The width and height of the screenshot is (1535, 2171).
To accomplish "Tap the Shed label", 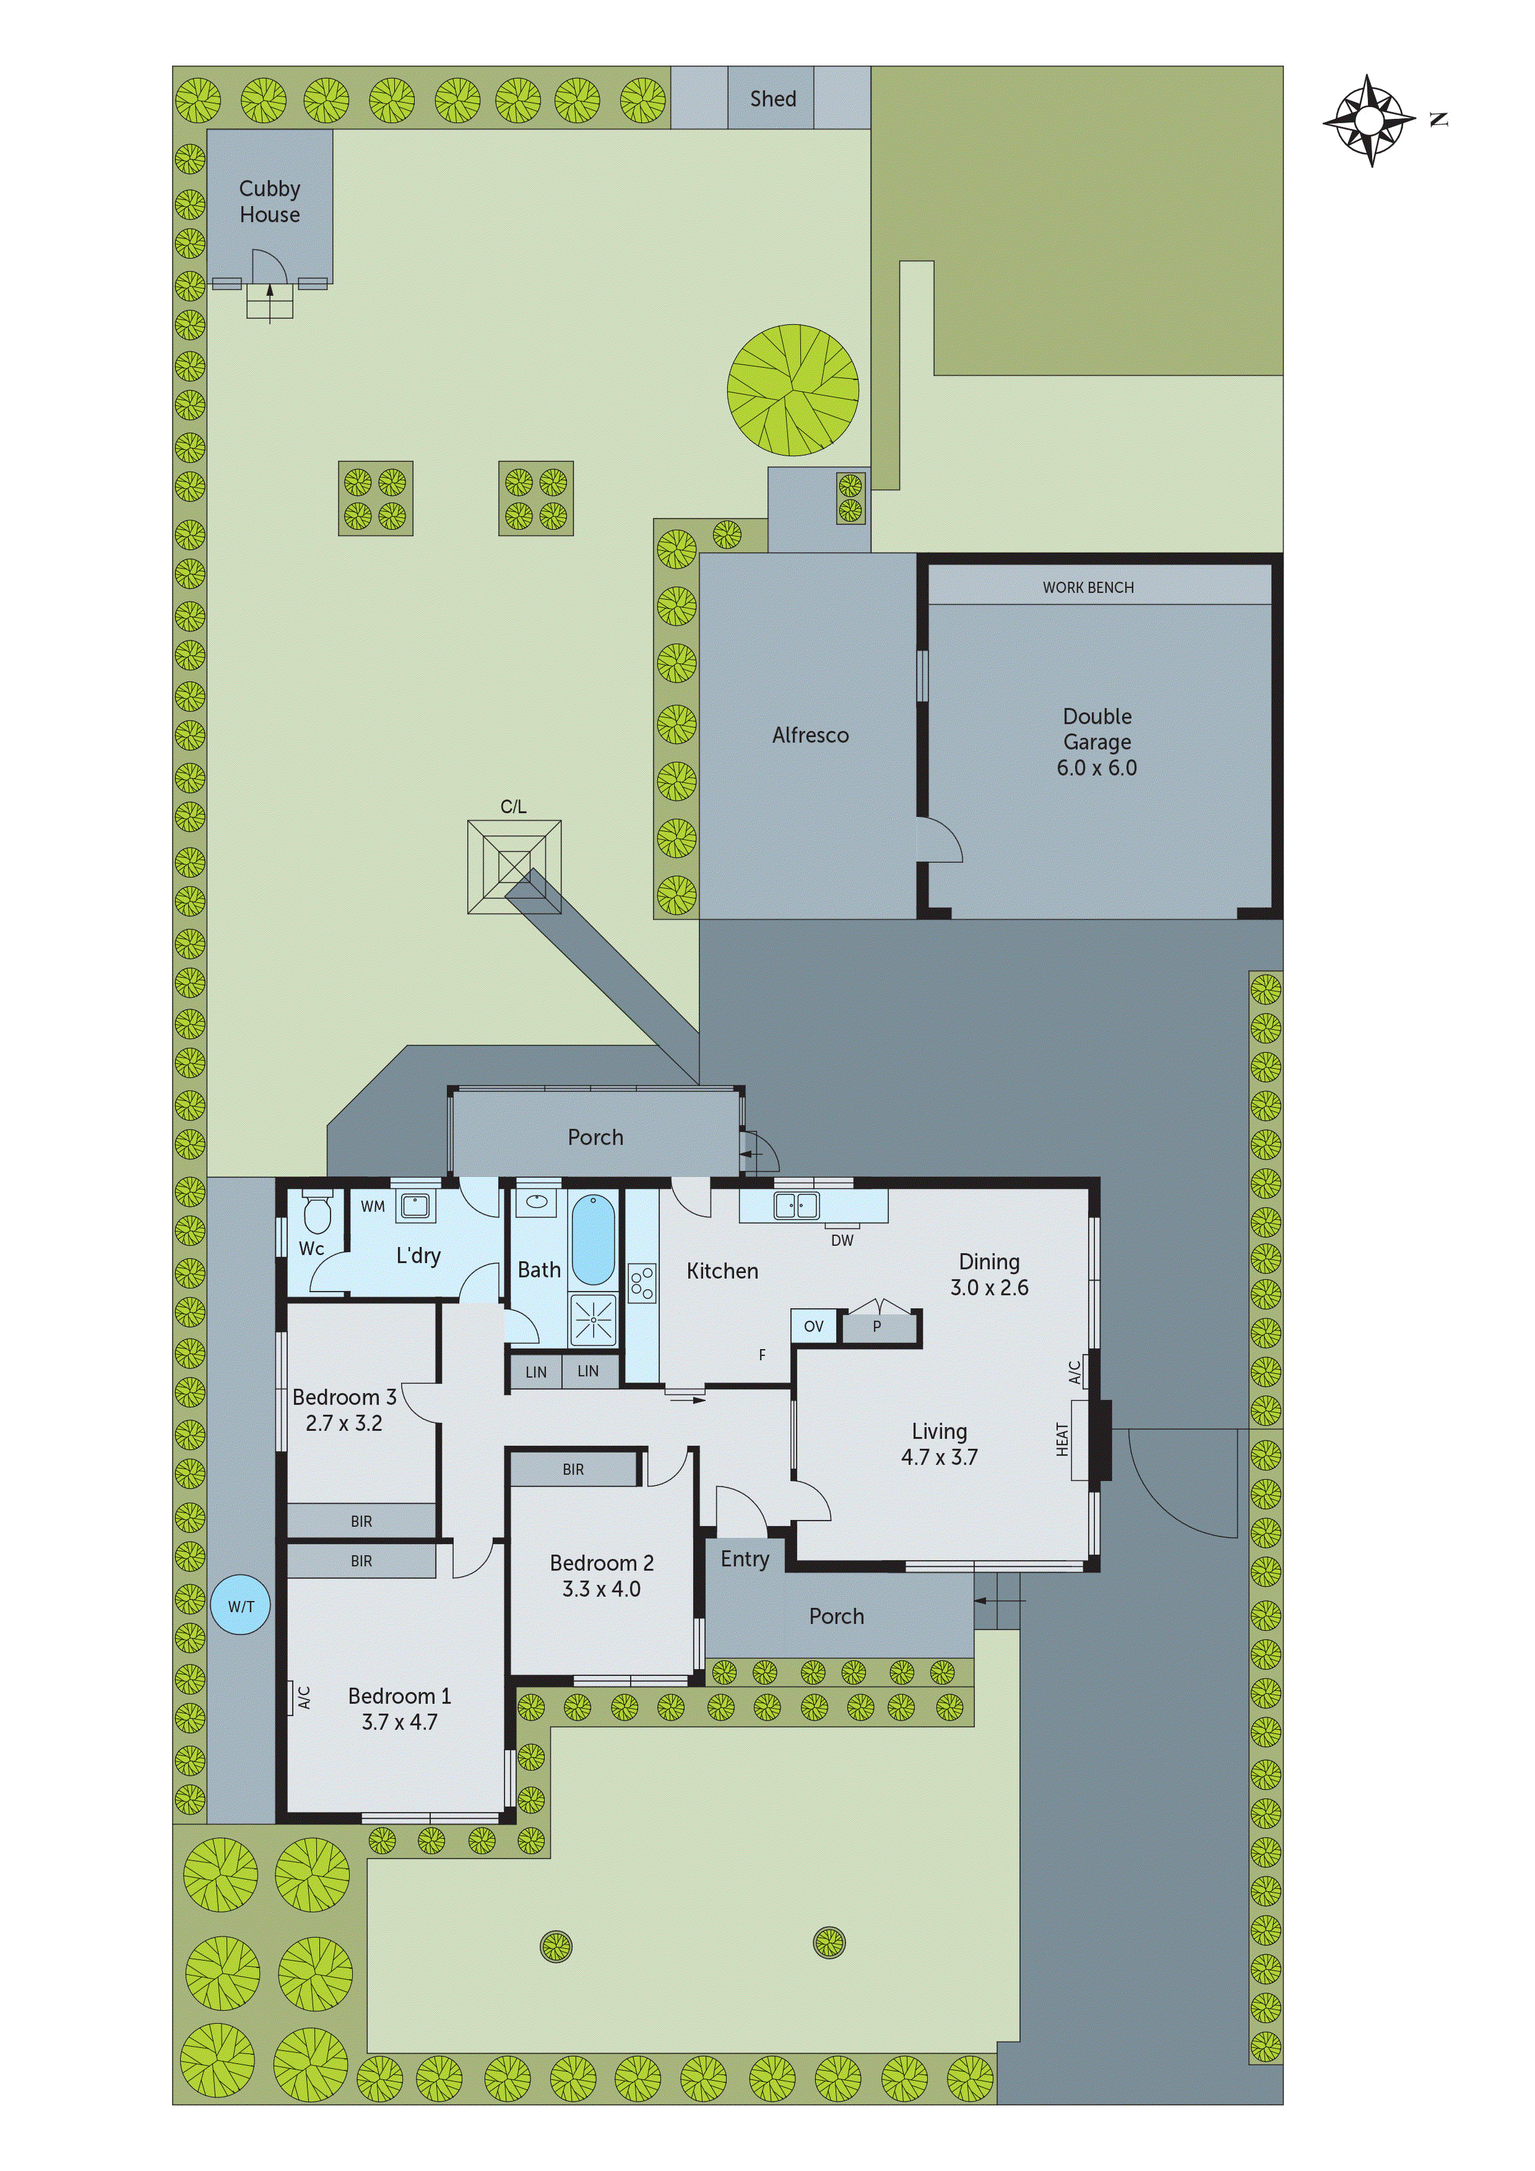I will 772,98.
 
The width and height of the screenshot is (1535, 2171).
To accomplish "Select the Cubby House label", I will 269,201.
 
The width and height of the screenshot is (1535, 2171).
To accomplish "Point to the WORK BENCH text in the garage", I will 1087,587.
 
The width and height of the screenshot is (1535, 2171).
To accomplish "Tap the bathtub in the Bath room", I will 593,1239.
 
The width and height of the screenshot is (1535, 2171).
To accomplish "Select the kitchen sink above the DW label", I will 795,1206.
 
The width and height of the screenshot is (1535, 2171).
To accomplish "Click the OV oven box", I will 813,1326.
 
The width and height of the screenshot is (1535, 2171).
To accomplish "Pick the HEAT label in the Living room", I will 1062,1439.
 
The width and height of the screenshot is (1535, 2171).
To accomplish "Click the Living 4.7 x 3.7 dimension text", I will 939,1457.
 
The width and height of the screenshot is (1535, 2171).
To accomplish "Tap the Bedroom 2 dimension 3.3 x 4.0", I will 602,1589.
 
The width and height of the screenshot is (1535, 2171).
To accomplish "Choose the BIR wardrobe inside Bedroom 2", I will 573,1469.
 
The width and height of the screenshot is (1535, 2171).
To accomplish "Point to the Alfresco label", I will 810,735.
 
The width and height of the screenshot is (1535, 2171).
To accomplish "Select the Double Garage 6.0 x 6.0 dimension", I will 1096,768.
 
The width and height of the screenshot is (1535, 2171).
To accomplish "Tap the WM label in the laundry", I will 373,1207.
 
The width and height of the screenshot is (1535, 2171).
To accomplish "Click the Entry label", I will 745,1559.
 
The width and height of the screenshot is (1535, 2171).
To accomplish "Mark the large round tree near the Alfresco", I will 792,389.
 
